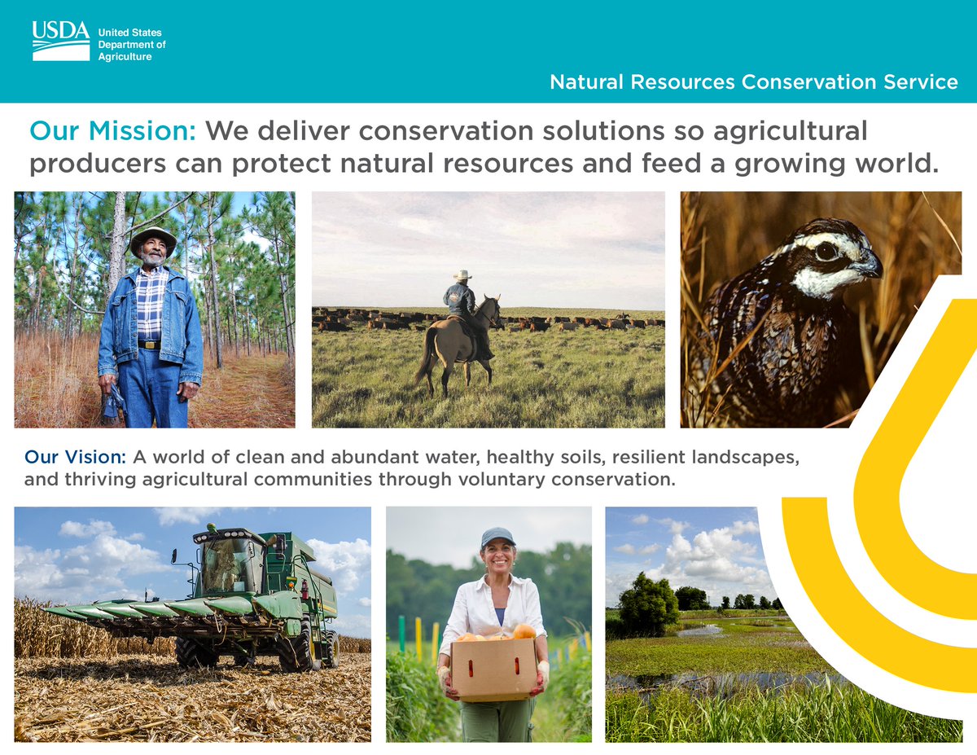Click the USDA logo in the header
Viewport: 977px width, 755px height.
coord(61,40)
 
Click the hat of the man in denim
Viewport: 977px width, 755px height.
coord(153,237)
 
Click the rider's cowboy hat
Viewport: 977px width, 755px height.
coord(462,275)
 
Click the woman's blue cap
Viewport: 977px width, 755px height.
coord(497,536)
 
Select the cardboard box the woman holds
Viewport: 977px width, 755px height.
coord(493,668)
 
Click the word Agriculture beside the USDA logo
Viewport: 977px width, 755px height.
coord(125,57)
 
